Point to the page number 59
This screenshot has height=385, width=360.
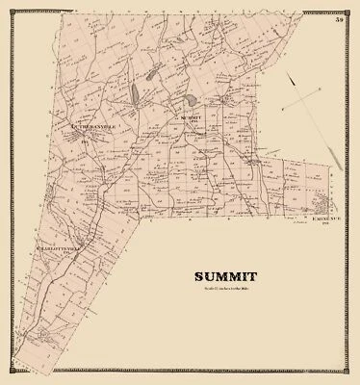[x=341, y=18]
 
